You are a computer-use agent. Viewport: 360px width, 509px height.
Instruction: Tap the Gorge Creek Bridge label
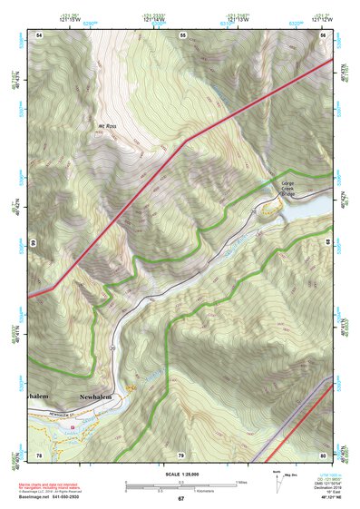287,188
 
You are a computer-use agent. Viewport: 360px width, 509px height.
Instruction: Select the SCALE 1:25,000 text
180,475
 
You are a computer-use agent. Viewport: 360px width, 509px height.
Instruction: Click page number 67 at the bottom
180,500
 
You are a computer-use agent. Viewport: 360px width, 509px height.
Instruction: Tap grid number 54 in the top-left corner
39,34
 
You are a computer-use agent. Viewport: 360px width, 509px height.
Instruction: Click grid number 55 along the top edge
181,34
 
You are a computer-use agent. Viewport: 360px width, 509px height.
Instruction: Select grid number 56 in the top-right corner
324,34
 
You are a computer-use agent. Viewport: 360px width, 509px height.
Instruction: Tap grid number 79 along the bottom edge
180,455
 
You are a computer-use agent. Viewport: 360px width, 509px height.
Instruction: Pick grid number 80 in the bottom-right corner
323,455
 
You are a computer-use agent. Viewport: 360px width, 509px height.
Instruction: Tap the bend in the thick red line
186,142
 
